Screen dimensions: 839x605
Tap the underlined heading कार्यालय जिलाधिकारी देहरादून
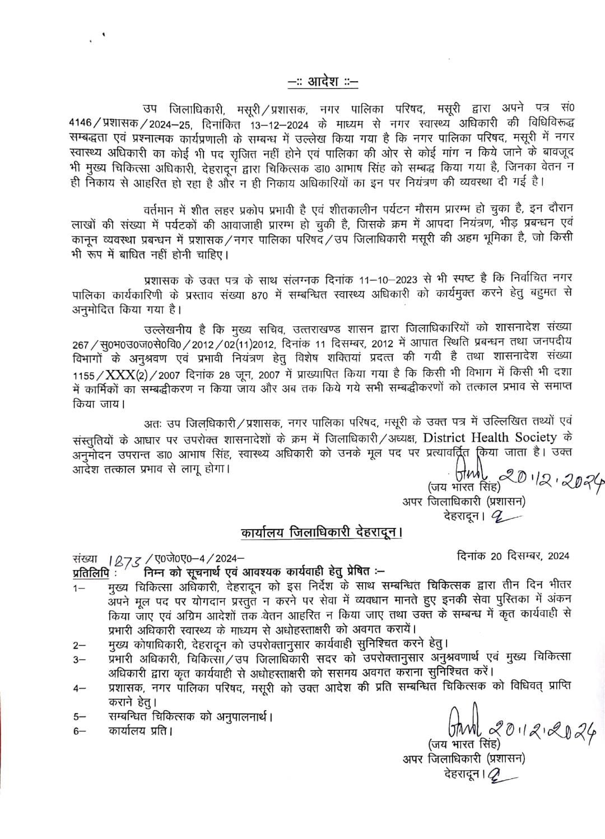tap(322, 532)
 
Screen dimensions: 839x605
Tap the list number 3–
tap(78, 660)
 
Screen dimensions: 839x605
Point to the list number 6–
tap(78, 731)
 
